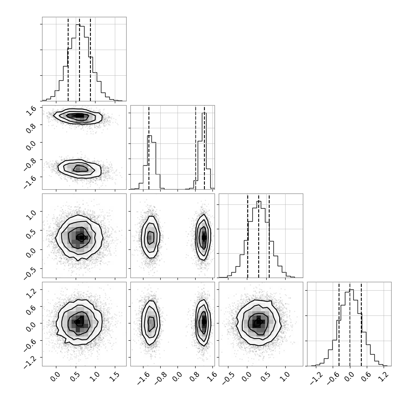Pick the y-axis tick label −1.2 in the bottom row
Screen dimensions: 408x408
pos(29,362)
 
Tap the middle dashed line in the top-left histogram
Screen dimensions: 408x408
pos(79,59)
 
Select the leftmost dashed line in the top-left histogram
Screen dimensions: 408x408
pos(68,59)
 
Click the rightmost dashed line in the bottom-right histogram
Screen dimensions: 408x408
pos(361,324)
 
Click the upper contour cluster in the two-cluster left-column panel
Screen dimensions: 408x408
pos(78,117)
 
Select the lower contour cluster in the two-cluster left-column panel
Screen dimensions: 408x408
pos(79,169)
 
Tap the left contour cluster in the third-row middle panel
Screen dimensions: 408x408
pos(151,237)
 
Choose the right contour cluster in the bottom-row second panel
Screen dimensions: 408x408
pos(204,322)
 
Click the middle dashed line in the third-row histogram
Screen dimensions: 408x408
pos(259,236)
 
